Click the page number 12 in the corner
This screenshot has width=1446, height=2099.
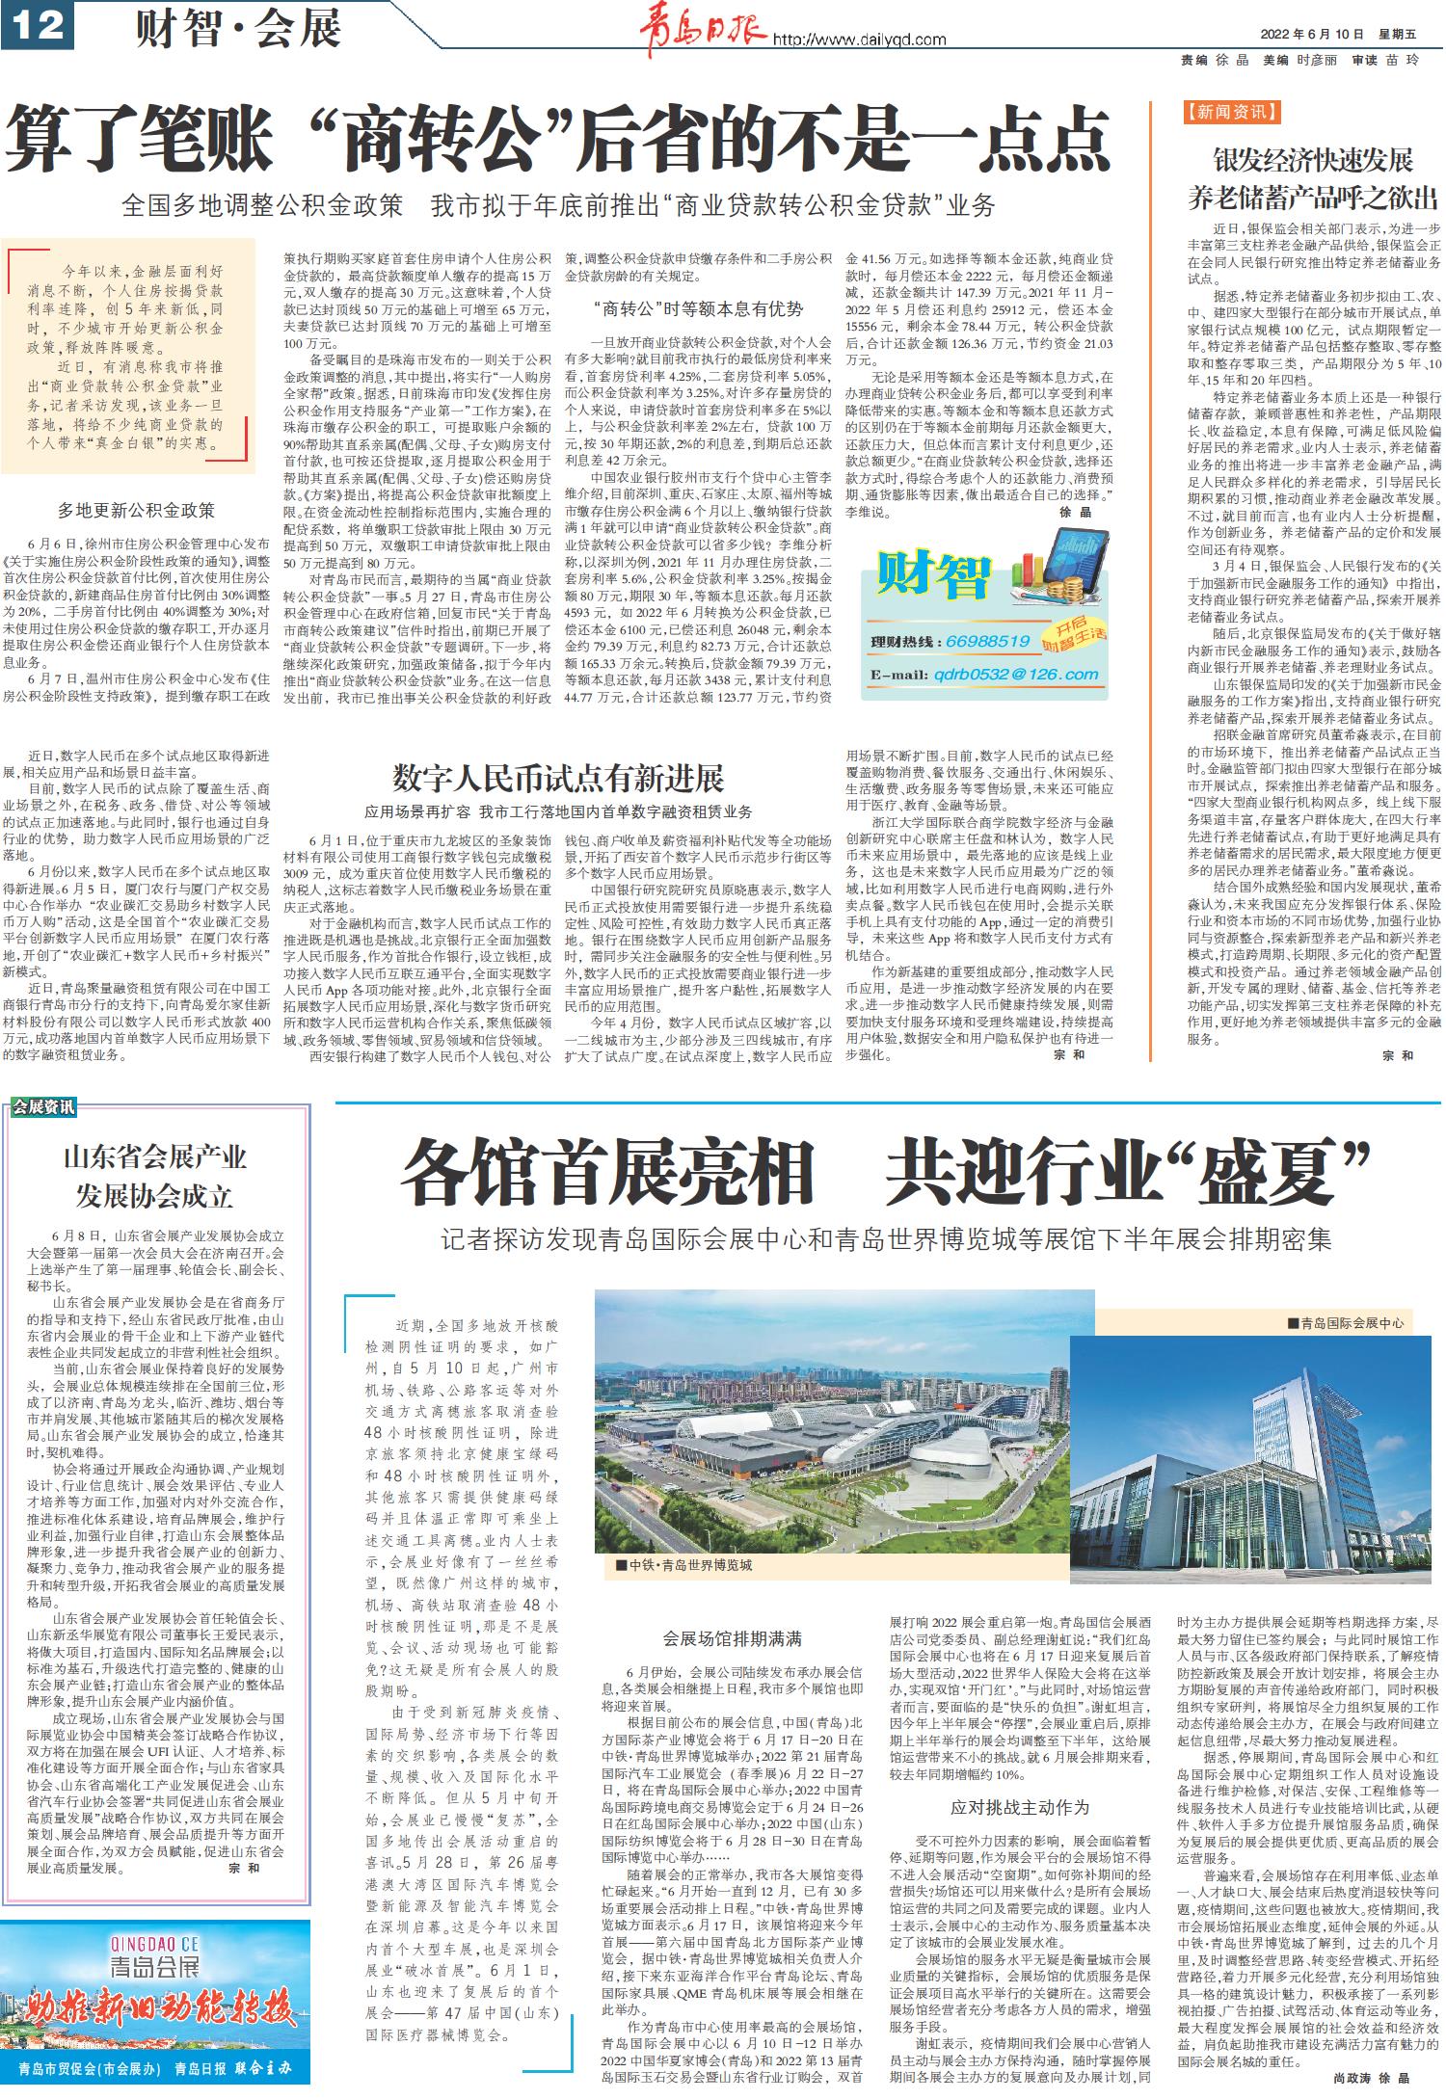(39, 25)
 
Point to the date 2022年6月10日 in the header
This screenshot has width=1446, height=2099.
(1310, 34)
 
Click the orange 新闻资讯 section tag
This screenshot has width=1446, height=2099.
(1232, 113)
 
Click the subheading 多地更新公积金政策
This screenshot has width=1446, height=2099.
(136, 510)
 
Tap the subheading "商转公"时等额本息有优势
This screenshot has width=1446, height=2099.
(698, 308)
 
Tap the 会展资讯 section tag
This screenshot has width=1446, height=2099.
(42, 1107)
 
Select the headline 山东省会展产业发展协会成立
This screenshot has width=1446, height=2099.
(155, 1176)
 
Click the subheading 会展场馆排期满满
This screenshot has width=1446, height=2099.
(732, 1638)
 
